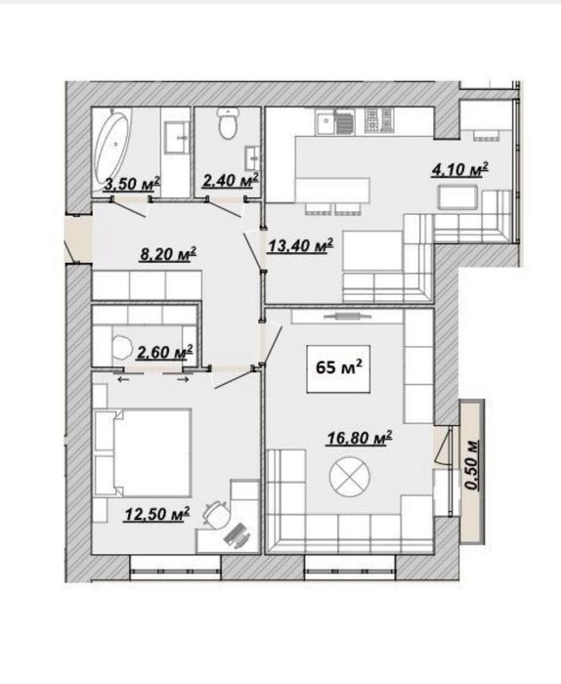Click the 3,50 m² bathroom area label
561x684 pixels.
(132, 184)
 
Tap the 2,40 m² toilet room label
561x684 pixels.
(231, 180)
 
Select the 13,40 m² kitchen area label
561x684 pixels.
(301, 245)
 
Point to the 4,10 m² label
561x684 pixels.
(459, 169)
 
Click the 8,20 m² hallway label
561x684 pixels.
(168, 254)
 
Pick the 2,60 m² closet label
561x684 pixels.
(165, 352)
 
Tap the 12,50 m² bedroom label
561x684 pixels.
(157, 514)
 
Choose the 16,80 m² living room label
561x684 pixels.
(360, 438)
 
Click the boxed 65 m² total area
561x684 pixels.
(338, 368)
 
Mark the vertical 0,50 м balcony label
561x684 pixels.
(472, 464)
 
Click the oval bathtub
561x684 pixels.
(112, 147)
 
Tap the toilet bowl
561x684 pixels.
(228, 123)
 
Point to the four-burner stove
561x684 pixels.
(379, 120)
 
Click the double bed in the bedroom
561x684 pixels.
(143, 452)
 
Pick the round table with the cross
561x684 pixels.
(350, 477)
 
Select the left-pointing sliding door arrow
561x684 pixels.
(123, 380)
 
